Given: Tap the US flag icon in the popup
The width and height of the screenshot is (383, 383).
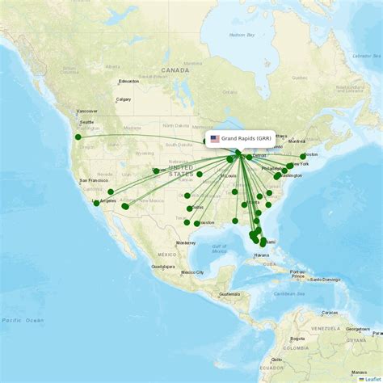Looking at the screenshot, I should coord(214,138).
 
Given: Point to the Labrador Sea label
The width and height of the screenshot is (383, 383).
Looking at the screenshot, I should coord(366,55).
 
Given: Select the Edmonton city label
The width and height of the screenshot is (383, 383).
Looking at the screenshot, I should coord(128,82).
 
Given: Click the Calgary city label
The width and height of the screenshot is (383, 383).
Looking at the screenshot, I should coord(124,99).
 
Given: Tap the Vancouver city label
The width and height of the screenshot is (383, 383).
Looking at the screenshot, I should coord(87,111).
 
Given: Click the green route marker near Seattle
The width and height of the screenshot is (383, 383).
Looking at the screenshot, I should coord(78,137).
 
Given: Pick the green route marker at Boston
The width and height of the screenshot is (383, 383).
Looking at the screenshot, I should coord(303,156).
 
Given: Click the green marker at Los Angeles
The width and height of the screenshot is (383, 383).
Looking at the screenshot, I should coord(97,203).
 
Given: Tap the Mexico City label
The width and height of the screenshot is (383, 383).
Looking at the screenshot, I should coord(192,272).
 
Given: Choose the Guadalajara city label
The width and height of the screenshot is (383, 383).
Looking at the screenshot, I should coord(162,266).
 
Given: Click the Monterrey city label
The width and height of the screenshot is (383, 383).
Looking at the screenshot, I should coord(186,242).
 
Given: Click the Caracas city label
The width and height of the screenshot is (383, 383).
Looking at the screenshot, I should coord(329,312).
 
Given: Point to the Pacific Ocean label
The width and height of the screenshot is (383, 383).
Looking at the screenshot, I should coord(22,321).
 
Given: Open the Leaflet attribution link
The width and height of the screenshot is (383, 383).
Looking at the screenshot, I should coord(372,378).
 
